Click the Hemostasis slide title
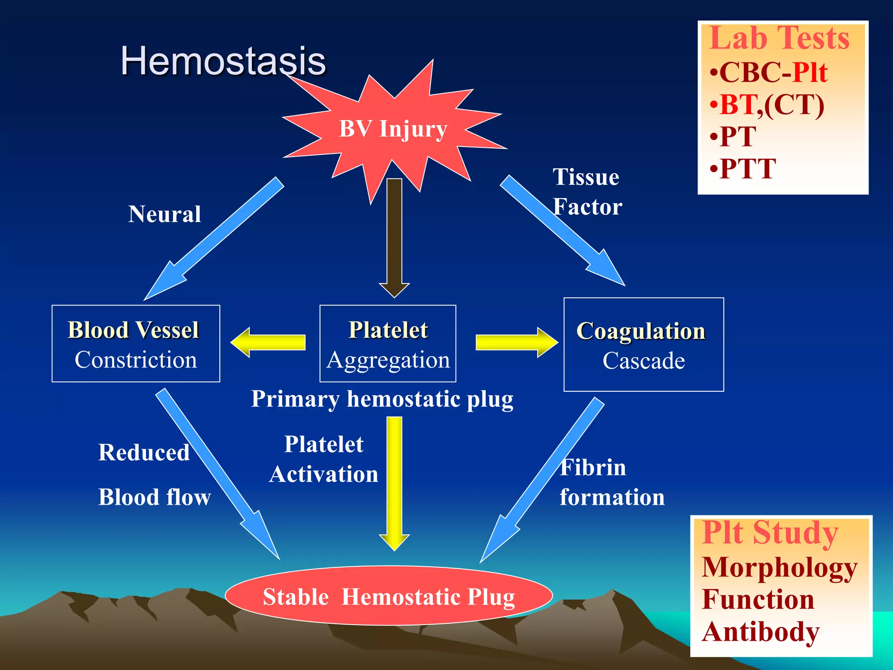click(x=223, y=61)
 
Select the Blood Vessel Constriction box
click(x=136, y=344)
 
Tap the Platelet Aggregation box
click(x=388, y=344)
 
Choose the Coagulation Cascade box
click(x=644, y=345)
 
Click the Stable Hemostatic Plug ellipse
click(x=389, y=596)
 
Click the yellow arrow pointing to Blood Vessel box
click(x=268, y=342)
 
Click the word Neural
click(x=165, y=214)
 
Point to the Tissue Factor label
click(x=587, y=192)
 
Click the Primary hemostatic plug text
click(x=382, y=399)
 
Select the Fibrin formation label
click(x=611, y=482)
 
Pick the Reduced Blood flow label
click(x=154, y=475)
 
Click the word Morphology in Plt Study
click(x=779, y=567)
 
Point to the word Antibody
click(x=761, y=632)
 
